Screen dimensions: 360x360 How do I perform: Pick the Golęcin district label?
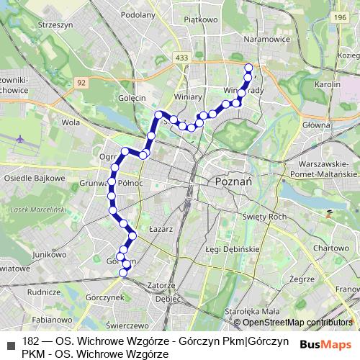point(133,97)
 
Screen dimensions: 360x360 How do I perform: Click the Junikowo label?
point(45,255)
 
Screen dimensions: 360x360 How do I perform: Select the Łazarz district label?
point(162,228)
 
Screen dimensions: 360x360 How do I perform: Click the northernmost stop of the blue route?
point(248,68)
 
